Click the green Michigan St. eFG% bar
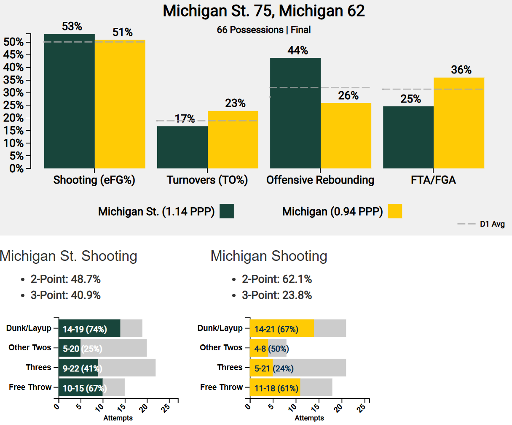70,101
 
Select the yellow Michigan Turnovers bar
233,140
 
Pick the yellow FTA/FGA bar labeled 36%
459,123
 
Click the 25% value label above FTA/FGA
410,99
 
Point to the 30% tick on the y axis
13,93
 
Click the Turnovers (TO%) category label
207,180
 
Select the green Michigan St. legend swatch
227,211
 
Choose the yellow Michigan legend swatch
395,211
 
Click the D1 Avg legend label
492,224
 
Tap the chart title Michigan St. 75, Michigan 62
264,11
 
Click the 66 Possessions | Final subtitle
264,30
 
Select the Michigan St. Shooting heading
69,256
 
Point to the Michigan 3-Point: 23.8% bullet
276,295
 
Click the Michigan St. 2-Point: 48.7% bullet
65,279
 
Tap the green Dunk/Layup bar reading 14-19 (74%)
89,329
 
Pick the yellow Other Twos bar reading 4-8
258,349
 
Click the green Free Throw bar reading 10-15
80,388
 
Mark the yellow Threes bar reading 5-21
261,368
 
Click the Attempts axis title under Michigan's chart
309,418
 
